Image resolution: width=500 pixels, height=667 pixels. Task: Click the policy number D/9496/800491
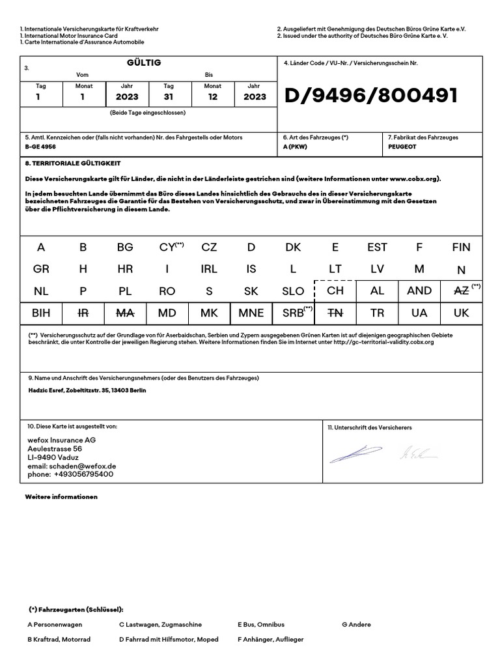[x=371, y=96]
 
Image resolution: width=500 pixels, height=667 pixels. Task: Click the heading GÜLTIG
[x=144, y=63]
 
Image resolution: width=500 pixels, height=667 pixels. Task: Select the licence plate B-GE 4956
[x=40, y=147]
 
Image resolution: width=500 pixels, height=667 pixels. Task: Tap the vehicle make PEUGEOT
[x=402, y=147]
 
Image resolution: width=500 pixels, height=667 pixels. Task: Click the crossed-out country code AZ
[x=460, y=291]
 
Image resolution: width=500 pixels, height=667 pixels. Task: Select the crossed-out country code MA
[x=125, y=313]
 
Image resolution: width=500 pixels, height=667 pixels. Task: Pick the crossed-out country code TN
[x=335, y=313]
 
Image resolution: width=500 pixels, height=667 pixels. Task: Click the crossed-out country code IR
[x=83, y=313]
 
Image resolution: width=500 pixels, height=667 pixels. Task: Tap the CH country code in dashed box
[x=335, y=291]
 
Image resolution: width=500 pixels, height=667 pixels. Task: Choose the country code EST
[x=377, y=248]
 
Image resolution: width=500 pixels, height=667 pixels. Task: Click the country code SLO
[x=293, y=291]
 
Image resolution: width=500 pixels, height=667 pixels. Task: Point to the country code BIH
[x=41, y=313]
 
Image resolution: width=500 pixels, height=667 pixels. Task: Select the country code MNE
[x=251, y=313]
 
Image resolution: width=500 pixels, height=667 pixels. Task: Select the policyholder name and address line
[x=86, y=390]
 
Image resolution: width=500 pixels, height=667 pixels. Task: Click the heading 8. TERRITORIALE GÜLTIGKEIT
[x=73, y=163]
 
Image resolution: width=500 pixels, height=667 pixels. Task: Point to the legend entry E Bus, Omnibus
[x=261, y=624]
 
